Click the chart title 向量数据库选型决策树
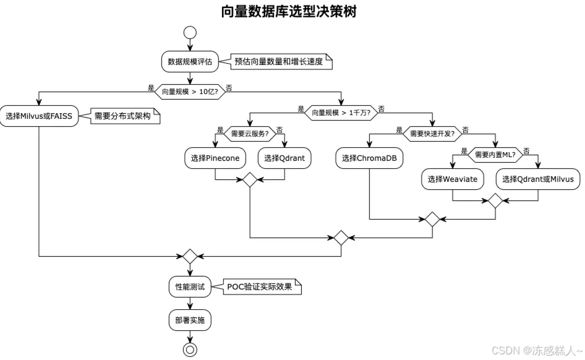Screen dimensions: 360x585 (x=289, y=12)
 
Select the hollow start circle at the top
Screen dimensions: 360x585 (x=190, y=33)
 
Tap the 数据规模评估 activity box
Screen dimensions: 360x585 (x=190, y=62)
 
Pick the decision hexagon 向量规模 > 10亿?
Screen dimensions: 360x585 (x=190, y=92)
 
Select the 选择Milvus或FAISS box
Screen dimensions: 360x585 (x=40, y=116)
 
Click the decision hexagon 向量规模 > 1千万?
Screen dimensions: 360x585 (x=341, y=112)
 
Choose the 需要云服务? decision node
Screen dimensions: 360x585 (x=249, y=133)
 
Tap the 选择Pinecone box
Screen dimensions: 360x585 (x=215, y=158)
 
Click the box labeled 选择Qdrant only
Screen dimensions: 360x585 (x=284, y=158)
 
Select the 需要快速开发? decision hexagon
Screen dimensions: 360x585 (x=432, y=133)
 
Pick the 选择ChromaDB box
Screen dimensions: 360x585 (x=370, y=158)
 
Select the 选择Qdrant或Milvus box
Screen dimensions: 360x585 (x=537, y=179)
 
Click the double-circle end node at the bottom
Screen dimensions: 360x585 (x=190, y=349)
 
